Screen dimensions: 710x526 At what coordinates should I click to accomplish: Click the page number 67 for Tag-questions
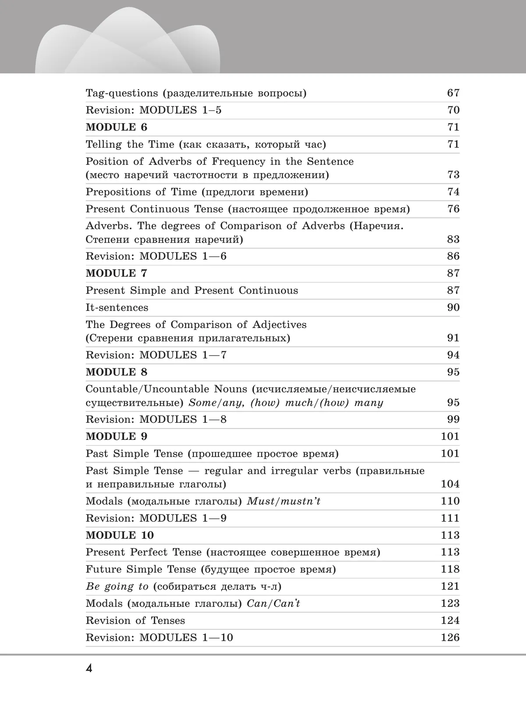point(453,93)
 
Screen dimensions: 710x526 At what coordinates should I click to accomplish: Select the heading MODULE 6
point(116,127)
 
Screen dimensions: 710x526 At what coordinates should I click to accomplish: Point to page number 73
point(453,175)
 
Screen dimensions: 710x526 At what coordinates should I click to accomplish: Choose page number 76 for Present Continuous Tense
point(453,209)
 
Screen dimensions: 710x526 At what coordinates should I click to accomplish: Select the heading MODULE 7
point(116,273)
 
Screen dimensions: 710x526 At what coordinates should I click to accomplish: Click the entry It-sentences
point(117,307)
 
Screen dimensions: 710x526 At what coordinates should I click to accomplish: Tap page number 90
point(453,307)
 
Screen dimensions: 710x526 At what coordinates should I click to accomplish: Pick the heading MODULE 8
point(116,372)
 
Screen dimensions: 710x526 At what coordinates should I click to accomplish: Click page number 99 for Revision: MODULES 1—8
point(453,419)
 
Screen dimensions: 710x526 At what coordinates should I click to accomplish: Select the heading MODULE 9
point(116,436)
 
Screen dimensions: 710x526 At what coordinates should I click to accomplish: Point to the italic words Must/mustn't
point(284,501)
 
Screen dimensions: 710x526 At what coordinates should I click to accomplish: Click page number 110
point(450,501)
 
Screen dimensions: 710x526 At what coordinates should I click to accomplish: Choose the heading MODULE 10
point(120,535)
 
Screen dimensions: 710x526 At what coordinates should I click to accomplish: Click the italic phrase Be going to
point(117,587)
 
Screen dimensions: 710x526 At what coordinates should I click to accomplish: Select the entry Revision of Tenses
point(135,621)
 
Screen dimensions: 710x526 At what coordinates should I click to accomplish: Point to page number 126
point(450,638)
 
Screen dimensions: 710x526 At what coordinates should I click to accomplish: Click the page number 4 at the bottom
point(89,670)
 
